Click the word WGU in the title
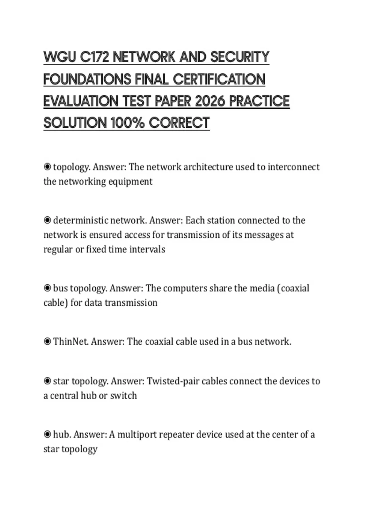(x=59, y=57)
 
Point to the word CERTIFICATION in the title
(x=219, y=79)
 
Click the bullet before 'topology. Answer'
(x=47, y=167)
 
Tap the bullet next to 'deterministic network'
(x=47, y=220)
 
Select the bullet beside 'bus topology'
(x=47, y=288)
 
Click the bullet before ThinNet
(x=47, y=341)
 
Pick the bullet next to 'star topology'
(x=47, y=381)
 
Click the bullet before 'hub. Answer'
(x=47, y=434)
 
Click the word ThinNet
(x=71, y=341)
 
